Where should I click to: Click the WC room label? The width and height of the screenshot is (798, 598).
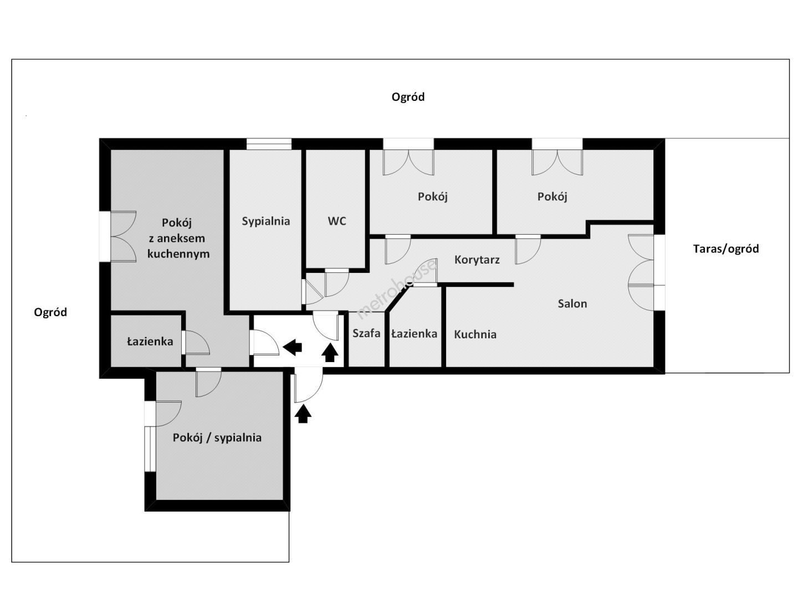pos(336,221)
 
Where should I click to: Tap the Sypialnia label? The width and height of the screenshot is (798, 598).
pos(266,221)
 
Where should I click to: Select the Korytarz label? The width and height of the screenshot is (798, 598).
pos(477,260)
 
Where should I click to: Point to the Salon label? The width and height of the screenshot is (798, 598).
pos(572,303)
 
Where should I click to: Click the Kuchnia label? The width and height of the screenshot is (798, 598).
pos(475,334)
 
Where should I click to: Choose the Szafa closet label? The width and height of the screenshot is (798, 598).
pos(366,333)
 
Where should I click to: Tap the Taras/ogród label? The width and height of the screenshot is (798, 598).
pos(725,249)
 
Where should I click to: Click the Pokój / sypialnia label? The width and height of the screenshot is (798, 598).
pos(217,438)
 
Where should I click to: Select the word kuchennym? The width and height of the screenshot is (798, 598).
pos(178,254)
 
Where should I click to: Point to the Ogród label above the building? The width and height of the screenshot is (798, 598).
pos(408,97)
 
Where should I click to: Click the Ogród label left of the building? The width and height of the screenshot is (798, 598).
pos(50,313)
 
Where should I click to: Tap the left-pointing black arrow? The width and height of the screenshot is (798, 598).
pos(292,348)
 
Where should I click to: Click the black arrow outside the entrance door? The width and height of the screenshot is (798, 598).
pos(303,414)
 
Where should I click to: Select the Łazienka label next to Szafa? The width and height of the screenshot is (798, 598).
pos(414,333)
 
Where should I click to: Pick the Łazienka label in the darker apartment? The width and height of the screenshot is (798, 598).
pos(150,341)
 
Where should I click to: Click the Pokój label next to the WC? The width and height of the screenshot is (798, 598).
pos(432,197)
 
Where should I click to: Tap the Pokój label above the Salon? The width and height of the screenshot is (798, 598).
pos(553,197)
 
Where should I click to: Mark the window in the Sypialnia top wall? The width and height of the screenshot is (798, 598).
pos(269,144)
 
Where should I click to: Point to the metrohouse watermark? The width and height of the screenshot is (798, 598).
pos(397,288)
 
